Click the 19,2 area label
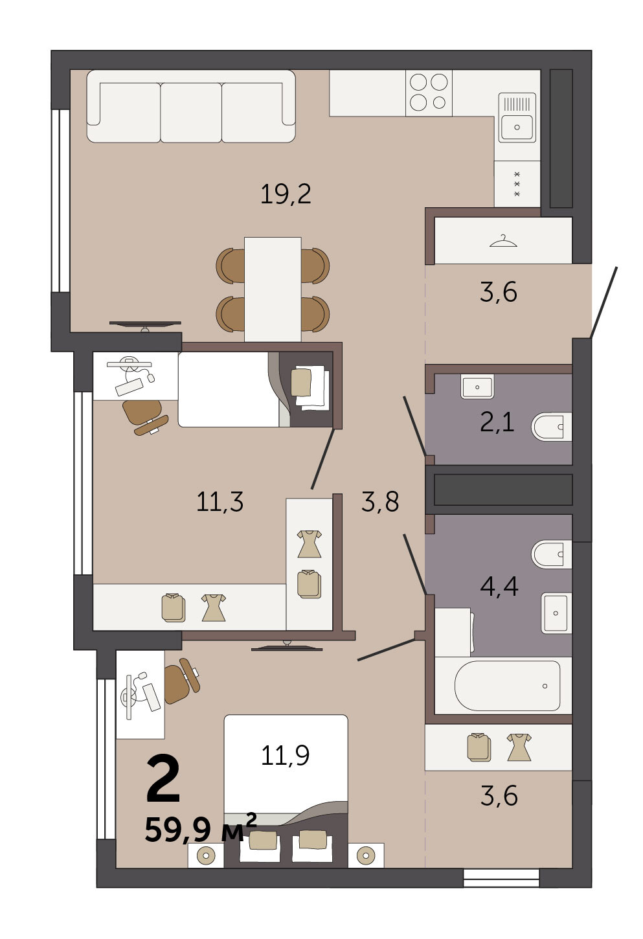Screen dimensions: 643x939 click(286, 194)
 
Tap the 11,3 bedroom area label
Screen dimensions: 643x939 click(220, 501)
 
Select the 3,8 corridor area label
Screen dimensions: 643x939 click(379, 501)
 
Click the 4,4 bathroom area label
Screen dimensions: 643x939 click(499, 586)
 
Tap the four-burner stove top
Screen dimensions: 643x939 click(429, 93)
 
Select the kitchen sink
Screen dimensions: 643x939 click(517, 118)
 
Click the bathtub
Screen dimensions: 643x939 click(508, 686)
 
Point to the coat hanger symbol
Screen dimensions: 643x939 click(503, 241)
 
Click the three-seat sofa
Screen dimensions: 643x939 click(191, 106)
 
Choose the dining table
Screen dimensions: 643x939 click(273, 289)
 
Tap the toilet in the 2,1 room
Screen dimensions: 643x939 click(551, 427)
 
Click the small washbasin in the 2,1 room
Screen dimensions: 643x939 click(477, 387)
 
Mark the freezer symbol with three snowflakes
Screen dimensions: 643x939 click(517, 184)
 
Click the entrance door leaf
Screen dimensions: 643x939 click(604, 302)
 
